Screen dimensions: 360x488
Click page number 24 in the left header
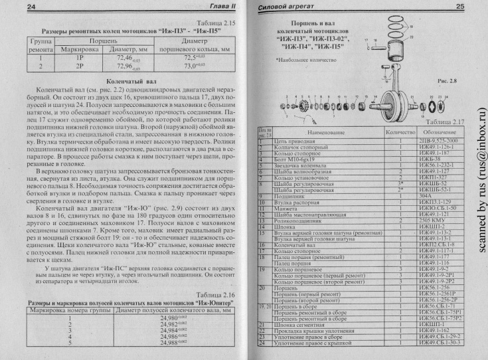click(12, 7)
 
